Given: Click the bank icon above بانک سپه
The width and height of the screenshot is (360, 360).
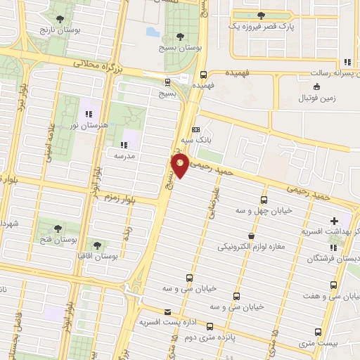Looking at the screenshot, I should pos(195,130).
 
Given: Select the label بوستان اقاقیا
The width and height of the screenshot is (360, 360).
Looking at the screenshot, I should pos(96,257).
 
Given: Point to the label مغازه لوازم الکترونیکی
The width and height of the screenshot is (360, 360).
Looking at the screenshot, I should pos(251,247).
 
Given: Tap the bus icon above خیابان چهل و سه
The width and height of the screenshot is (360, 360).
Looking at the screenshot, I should pos(264,199).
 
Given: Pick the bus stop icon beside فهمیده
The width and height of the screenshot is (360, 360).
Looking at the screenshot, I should pos(203,74).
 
